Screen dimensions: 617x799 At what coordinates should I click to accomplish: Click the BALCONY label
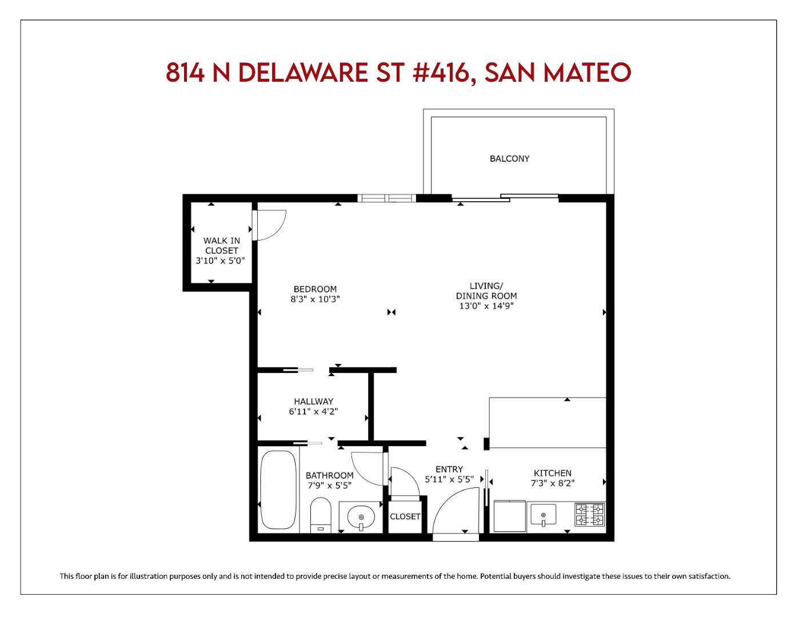(x=509, y=159)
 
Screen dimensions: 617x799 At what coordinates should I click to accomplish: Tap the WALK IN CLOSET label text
(x=222, y=246)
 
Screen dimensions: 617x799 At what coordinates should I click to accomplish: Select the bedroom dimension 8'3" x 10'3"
(x=315, y=299)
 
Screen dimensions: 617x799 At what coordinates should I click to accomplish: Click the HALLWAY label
(x=313, y=402)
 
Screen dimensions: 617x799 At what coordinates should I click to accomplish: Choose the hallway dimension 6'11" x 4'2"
(x=313, y=411)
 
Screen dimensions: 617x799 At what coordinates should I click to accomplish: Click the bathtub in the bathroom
(x=278, y=490)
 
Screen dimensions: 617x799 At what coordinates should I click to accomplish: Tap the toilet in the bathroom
(x=321, y=514)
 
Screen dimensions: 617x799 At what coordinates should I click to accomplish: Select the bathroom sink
(x=361, y=518)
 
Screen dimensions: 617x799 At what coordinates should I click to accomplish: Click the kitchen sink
(x=543, y=514)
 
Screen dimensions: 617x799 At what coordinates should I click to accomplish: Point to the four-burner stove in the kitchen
(x=589, y=514)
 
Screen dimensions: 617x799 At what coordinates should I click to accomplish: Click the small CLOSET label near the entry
(x=405, y=516)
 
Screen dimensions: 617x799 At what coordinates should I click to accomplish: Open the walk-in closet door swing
(x=271, y=225)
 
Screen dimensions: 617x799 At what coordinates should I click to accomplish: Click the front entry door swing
(x=454, y=511)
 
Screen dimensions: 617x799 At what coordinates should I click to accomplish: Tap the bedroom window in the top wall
(x=387, y=198)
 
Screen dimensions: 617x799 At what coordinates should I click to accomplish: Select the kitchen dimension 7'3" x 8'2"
(x=552, y=483)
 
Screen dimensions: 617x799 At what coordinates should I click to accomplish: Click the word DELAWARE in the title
(x=302, y=73)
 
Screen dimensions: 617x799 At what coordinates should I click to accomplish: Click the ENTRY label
(x=449, y=470)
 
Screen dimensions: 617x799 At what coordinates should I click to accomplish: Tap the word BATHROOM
(x=329, y=475)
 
